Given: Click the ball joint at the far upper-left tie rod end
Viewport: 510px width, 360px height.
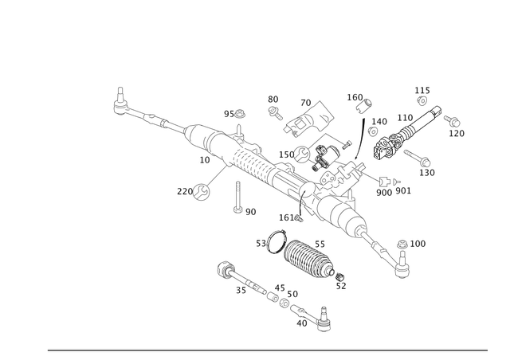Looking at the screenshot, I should point(120,103).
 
